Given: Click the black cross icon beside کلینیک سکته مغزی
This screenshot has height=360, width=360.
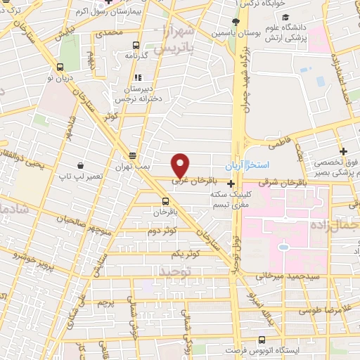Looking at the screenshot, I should click(x=231, y=184).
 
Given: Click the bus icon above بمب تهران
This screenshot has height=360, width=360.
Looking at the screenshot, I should click(x=132, y=155).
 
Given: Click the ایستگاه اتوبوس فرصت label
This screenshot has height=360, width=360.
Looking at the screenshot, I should click(x=263, y=349).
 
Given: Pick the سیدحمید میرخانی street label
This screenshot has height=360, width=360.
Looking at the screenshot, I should click(x=283, y=276).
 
